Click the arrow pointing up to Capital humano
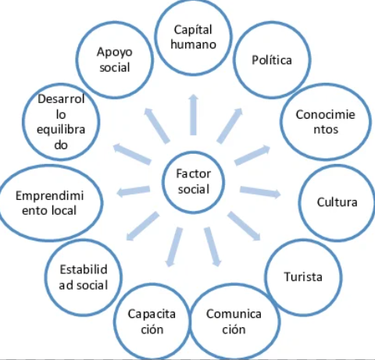(x=193, y=115)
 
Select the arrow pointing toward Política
(x=230, y=126)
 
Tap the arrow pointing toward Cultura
(x=260, y=191)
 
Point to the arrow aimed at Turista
(x=244, y=226)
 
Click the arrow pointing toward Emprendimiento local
(x=134, y=191)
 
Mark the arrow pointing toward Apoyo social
(x=157, y=126)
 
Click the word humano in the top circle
(x=194, y=45)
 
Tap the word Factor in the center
(x=194, y=173)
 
